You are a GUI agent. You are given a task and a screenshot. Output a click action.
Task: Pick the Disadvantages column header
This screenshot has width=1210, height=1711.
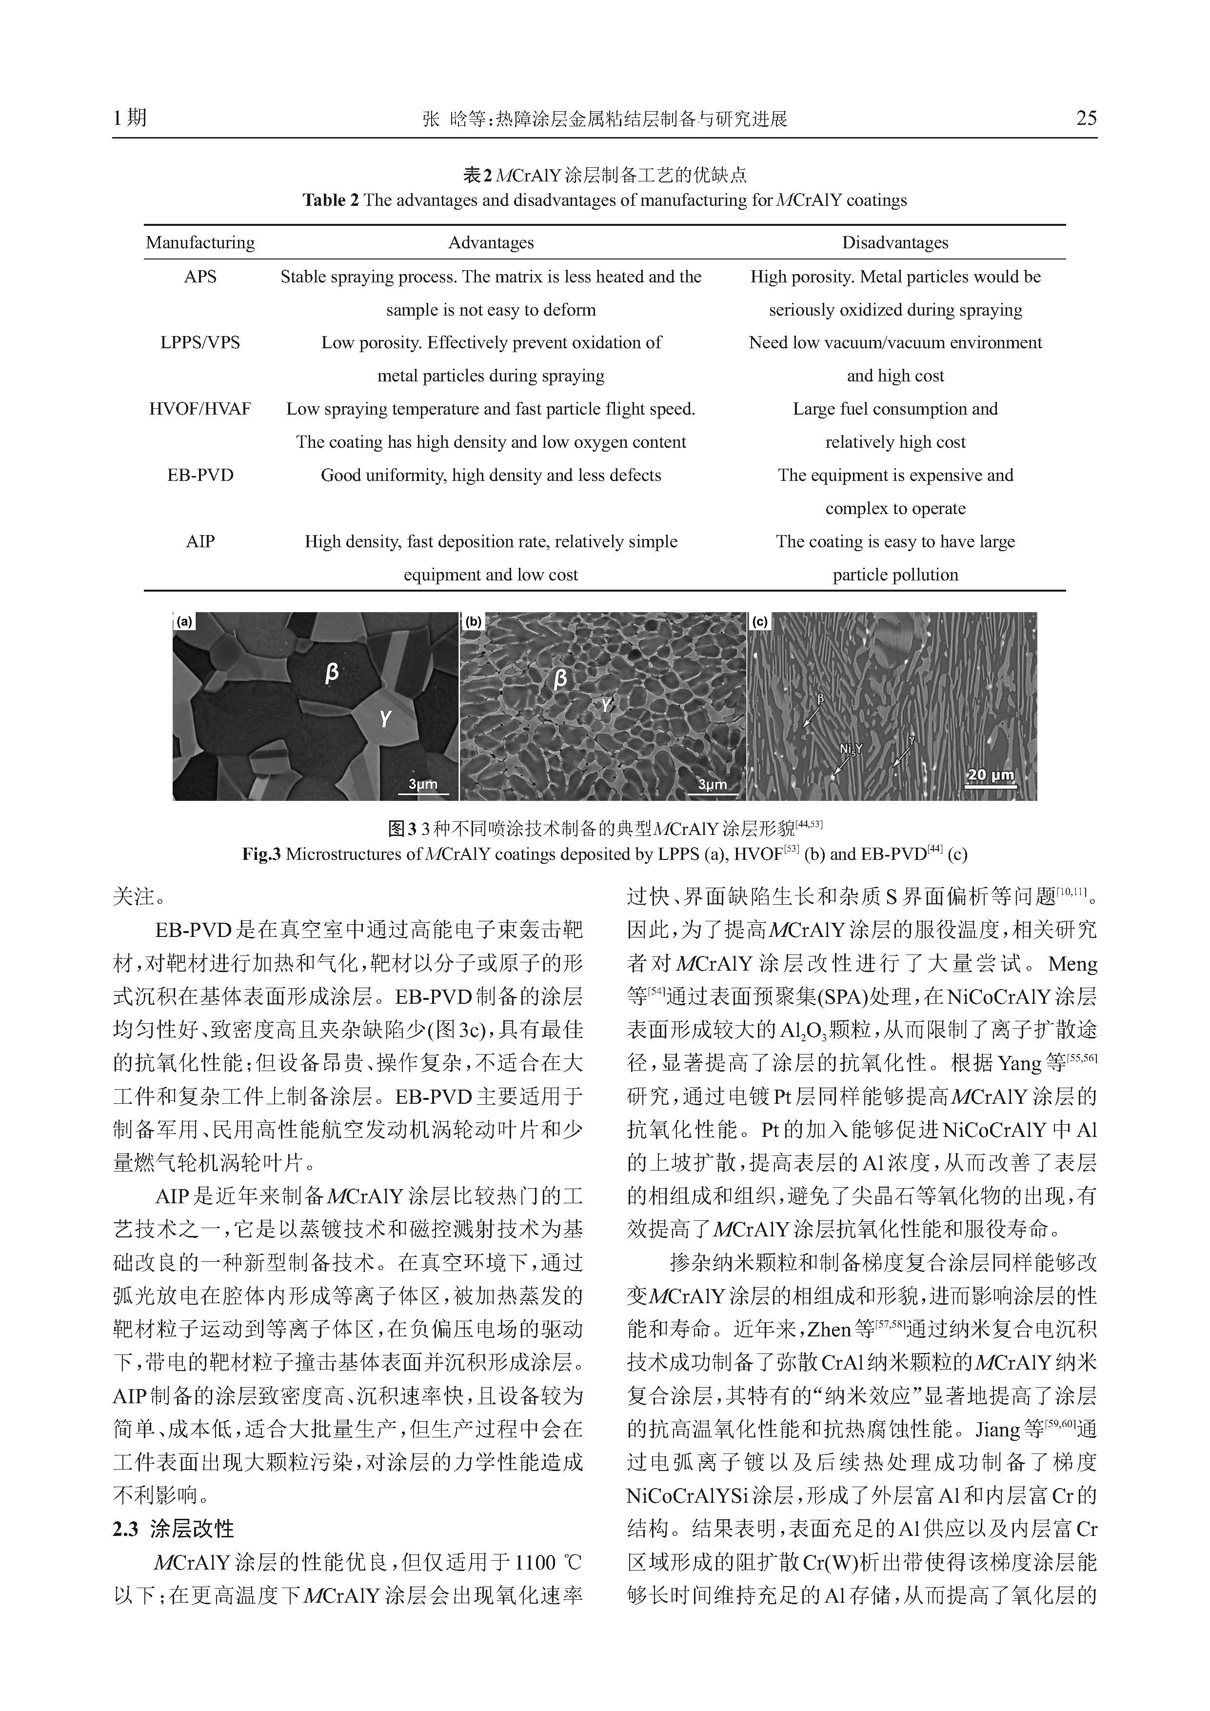click(895, 242)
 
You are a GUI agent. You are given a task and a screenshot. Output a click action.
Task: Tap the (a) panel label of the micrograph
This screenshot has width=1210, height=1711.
click(183, 621)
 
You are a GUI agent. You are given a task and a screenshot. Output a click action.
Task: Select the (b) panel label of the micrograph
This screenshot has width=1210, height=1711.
click(473, 621)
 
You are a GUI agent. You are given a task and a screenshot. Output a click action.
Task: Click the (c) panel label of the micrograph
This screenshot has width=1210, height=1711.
click(759, 621)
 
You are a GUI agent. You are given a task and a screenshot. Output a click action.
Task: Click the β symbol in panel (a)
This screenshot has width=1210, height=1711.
click(332, 672)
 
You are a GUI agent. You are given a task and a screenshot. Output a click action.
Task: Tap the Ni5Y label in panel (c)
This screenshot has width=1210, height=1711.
click(850, 749)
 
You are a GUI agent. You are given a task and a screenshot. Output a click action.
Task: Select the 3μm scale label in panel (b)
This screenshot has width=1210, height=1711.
click(712, 784)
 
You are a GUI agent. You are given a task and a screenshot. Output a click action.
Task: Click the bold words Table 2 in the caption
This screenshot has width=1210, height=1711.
click(330, 200)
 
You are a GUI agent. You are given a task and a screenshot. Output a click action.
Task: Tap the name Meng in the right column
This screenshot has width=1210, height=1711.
click(1072, 964)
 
